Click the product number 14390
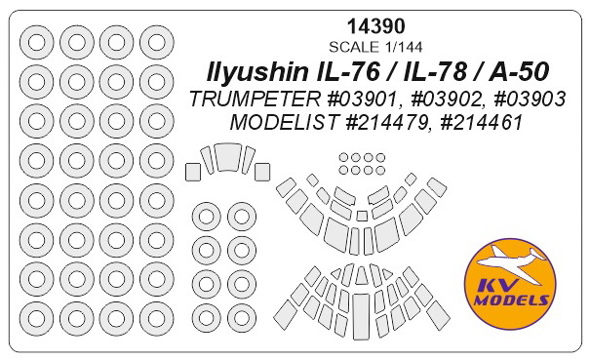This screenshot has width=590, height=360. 375,26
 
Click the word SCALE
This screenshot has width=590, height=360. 354,47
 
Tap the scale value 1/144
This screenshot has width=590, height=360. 402,47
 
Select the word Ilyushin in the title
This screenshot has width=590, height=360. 256,72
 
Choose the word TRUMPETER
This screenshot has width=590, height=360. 256,100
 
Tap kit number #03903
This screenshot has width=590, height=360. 530,100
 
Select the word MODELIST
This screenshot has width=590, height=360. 283,122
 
